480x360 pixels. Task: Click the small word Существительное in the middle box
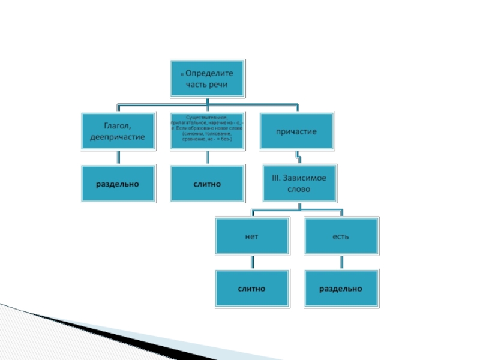click(208, 116)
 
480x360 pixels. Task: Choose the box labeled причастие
click(296, 130)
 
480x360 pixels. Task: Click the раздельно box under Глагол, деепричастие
click(118, 184)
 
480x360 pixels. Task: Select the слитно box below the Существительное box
click(208, 184)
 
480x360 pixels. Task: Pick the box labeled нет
click(252, 236)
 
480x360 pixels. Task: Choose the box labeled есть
click(341, 236)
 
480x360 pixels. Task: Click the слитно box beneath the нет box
click(252, 289)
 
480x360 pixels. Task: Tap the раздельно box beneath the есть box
click(341, 289)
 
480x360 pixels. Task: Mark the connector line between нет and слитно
click(253, 263)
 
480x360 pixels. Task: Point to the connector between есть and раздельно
click(342, 263)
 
